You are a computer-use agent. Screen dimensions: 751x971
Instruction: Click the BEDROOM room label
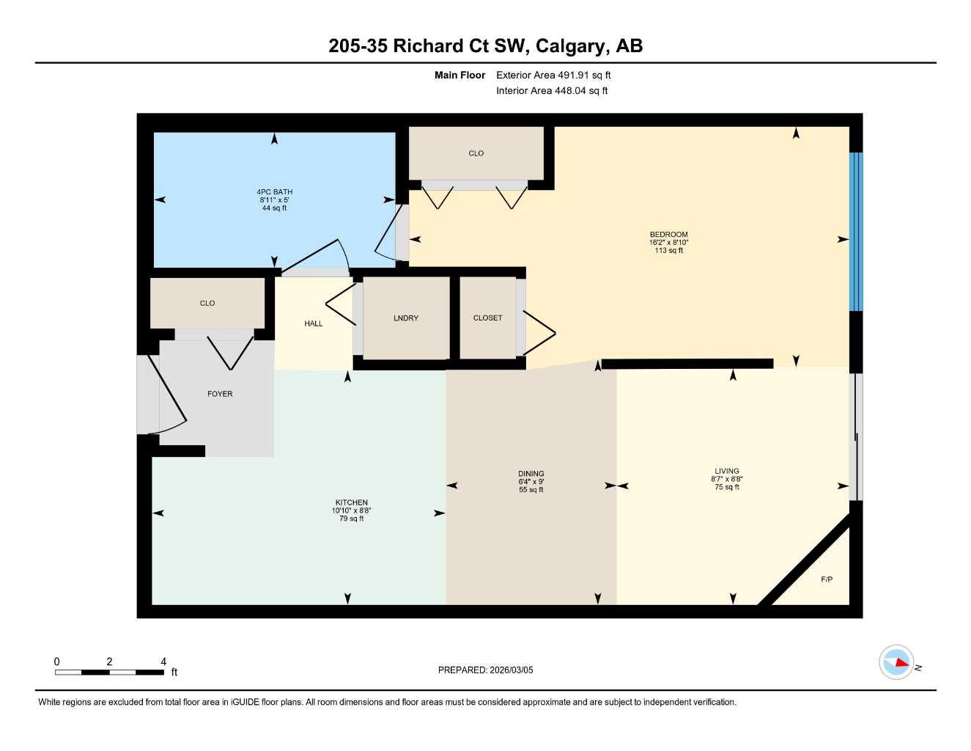(668, 235)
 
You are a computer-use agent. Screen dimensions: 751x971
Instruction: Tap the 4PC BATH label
(274, 192)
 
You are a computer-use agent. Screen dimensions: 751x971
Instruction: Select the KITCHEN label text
(351, 503)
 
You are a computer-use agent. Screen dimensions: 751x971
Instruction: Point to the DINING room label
(531, 474)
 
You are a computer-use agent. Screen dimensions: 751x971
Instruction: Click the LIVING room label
(727, 472)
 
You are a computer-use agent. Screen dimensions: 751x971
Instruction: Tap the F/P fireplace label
(827, 579)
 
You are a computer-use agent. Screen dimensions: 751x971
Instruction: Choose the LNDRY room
(406, 318)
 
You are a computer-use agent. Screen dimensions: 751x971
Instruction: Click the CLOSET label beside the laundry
(487, 318)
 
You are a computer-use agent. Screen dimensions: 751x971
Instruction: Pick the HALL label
(313, 323)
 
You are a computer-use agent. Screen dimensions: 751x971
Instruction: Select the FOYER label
(220, 394)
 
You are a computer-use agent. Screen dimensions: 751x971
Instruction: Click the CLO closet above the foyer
(207, 303)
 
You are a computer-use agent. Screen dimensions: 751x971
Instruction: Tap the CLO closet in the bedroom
(476, 153)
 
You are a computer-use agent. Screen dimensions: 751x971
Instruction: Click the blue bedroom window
(856, 231)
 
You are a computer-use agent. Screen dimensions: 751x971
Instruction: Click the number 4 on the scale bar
(163, 662)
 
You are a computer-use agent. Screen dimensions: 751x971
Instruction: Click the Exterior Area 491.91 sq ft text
(553, 75)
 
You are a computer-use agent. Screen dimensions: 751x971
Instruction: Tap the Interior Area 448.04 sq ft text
(552, 91)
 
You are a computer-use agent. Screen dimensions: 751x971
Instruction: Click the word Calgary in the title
(571, 45)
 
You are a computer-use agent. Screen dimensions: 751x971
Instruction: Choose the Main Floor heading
(459, 75)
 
